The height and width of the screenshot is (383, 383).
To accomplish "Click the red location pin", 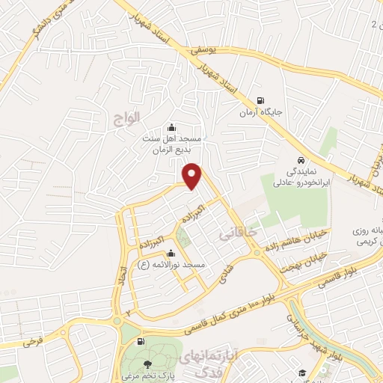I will pos(194,175).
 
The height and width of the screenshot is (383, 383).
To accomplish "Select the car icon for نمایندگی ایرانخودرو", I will pos(300,161).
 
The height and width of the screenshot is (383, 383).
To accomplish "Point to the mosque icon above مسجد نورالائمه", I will pos(173,253).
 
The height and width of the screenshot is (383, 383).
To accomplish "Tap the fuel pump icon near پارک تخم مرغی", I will pos(144,342).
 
